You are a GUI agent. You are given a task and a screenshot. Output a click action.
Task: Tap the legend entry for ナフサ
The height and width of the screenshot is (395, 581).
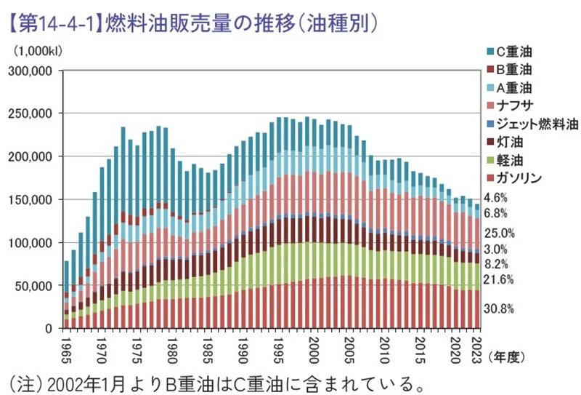(515, 106)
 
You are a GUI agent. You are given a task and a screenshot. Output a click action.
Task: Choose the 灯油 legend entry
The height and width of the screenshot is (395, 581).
(508, 142)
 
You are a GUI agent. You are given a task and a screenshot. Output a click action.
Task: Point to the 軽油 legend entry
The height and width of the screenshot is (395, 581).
(508, 160)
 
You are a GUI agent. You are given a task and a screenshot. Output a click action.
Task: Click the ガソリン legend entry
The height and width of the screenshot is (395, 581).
(518, 178)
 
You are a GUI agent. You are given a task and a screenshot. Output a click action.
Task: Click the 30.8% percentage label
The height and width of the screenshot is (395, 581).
(499, 308)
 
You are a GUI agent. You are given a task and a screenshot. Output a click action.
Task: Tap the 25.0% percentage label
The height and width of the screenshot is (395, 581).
(499, 233)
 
